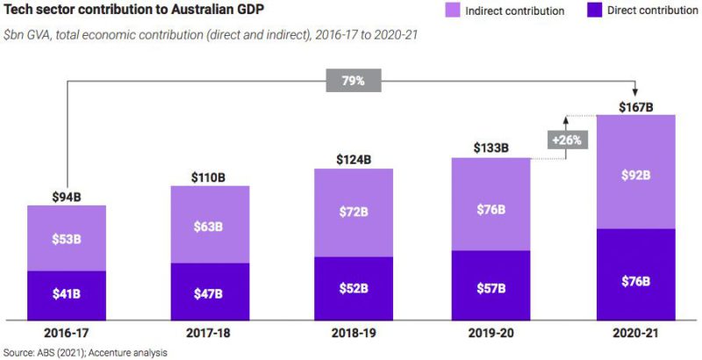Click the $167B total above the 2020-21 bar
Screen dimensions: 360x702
tap(635, 107)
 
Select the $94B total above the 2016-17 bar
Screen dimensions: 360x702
tap(66, 197)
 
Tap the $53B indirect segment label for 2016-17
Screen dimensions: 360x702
tap(66, 239)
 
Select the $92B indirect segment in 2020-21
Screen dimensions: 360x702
tap(635, 174)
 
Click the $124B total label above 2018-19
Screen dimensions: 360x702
tap(354, 160)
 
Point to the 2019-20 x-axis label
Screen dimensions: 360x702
tap(491, 334)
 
